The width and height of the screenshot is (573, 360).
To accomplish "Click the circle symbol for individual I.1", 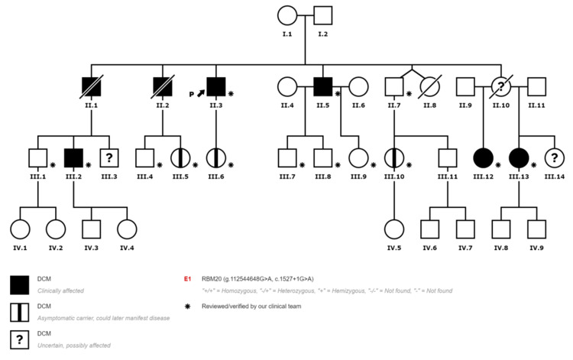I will coord(287,16).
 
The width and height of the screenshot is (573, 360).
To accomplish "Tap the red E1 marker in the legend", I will coord(187,281).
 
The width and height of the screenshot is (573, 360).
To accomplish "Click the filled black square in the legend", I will coord(19,286).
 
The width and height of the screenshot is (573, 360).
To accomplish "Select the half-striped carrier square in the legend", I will coord(19,312).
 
